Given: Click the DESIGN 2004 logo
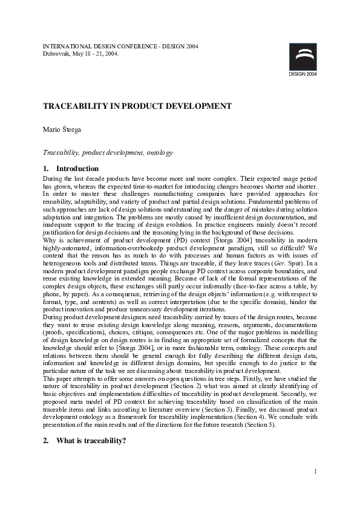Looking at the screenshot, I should click(x=302, y=58).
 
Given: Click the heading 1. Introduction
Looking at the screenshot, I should click(x=70, y=169).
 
